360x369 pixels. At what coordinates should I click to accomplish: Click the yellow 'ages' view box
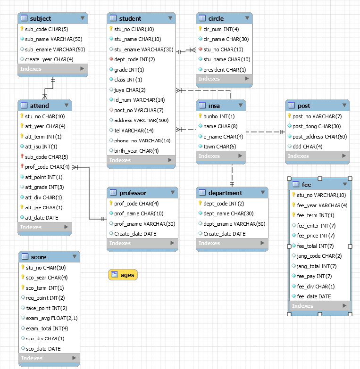123,275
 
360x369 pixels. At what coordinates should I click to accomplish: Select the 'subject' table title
40,18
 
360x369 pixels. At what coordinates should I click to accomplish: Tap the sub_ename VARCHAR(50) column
55,49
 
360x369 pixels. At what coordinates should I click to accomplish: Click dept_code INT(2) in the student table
134,59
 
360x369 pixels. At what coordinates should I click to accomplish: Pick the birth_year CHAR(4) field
136,151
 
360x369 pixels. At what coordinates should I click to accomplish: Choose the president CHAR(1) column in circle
225,70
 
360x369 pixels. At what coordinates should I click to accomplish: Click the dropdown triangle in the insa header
241,105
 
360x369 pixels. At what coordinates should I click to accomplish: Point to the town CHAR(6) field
219,147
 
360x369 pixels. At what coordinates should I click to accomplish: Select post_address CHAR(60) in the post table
319,137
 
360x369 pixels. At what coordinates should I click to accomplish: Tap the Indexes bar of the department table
232,243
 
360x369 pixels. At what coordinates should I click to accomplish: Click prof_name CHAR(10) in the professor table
139,213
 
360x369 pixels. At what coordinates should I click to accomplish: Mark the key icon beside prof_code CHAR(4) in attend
22,166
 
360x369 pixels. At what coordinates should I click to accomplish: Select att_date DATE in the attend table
42,218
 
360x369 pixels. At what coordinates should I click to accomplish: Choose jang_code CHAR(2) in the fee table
319,256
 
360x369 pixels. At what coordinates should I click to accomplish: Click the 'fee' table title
306,185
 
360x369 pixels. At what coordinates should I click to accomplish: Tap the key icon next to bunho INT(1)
200,116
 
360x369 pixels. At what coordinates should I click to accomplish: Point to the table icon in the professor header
113,192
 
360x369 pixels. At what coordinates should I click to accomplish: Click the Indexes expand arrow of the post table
344,156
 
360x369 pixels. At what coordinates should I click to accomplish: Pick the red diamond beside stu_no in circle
200,49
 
